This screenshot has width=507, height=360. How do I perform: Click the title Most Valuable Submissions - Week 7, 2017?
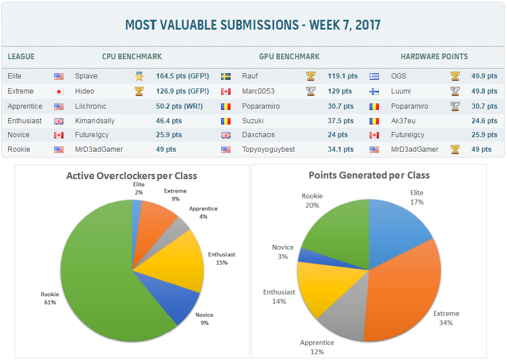click(x=253, y=25)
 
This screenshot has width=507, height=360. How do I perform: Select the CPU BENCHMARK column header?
click(x=132, y=56)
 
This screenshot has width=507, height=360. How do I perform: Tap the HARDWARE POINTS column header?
click(x=434, y=56)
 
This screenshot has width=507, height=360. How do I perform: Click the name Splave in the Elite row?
click(x=86, y=76)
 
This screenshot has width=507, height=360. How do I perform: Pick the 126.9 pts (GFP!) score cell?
click(x=183, y=91)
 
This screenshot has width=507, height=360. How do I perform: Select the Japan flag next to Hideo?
click(x=59, y=91)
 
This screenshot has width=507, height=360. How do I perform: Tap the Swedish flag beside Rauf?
click(x=226, y=76)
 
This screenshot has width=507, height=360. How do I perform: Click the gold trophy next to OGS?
click(x=455, y=76)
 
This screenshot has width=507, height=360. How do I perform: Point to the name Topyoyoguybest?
click(x=268, y=149)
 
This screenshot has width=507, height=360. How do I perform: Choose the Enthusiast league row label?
click(x=25, y=121)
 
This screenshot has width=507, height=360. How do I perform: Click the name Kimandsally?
click(x=95, y=121)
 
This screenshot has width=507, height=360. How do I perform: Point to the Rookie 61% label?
click(x=49, y=298)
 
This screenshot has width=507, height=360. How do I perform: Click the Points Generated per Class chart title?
click(x=368, y=175)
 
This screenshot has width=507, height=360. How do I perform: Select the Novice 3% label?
click(x=283, y=252)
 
